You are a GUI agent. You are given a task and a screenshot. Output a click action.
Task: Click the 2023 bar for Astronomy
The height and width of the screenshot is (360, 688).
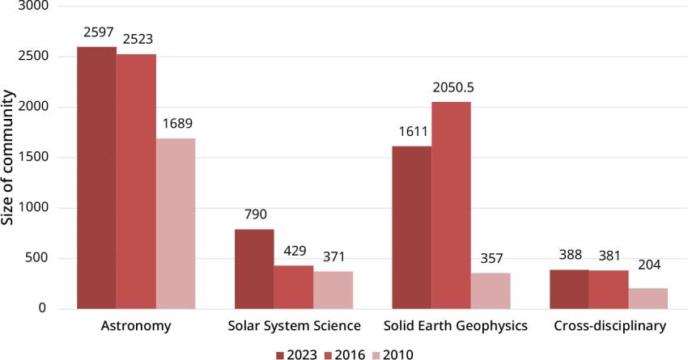point(96,178)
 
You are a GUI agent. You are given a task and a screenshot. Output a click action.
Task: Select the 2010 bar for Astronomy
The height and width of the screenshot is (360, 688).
point(176,223)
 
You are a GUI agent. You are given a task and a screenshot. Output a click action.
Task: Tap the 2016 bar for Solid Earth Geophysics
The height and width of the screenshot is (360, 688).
point(451,205)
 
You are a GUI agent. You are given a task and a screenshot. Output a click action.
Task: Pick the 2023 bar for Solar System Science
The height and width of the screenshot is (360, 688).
point(254,269)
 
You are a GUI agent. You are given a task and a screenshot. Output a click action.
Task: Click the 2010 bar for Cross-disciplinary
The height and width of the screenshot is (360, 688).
point(648,299)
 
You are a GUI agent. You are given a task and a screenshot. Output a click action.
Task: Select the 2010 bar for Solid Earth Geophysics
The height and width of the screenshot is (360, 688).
point(491,290)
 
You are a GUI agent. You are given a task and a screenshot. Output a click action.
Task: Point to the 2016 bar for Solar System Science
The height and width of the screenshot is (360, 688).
point(294,287)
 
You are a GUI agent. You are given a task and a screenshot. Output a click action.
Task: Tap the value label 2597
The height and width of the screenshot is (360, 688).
point(96,33)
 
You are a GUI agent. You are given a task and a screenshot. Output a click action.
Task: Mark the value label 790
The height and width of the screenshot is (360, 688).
point(254,215)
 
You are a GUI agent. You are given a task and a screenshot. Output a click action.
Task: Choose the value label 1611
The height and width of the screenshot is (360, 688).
point(411,133)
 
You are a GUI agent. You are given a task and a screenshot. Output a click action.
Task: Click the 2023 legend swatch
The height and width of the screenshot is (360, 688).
point(281,354)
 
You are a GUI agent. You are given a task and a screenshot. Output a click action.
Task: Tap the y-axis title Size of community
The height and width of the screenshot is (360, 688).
point(8,158)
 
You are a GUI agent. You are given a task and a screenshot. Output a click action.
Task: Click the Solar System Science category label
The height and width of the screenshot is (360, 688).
point(293,327)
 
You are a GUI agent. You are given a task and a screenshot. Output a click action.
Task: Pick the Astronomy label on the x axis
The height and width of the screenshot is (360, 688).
point(135,327)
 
